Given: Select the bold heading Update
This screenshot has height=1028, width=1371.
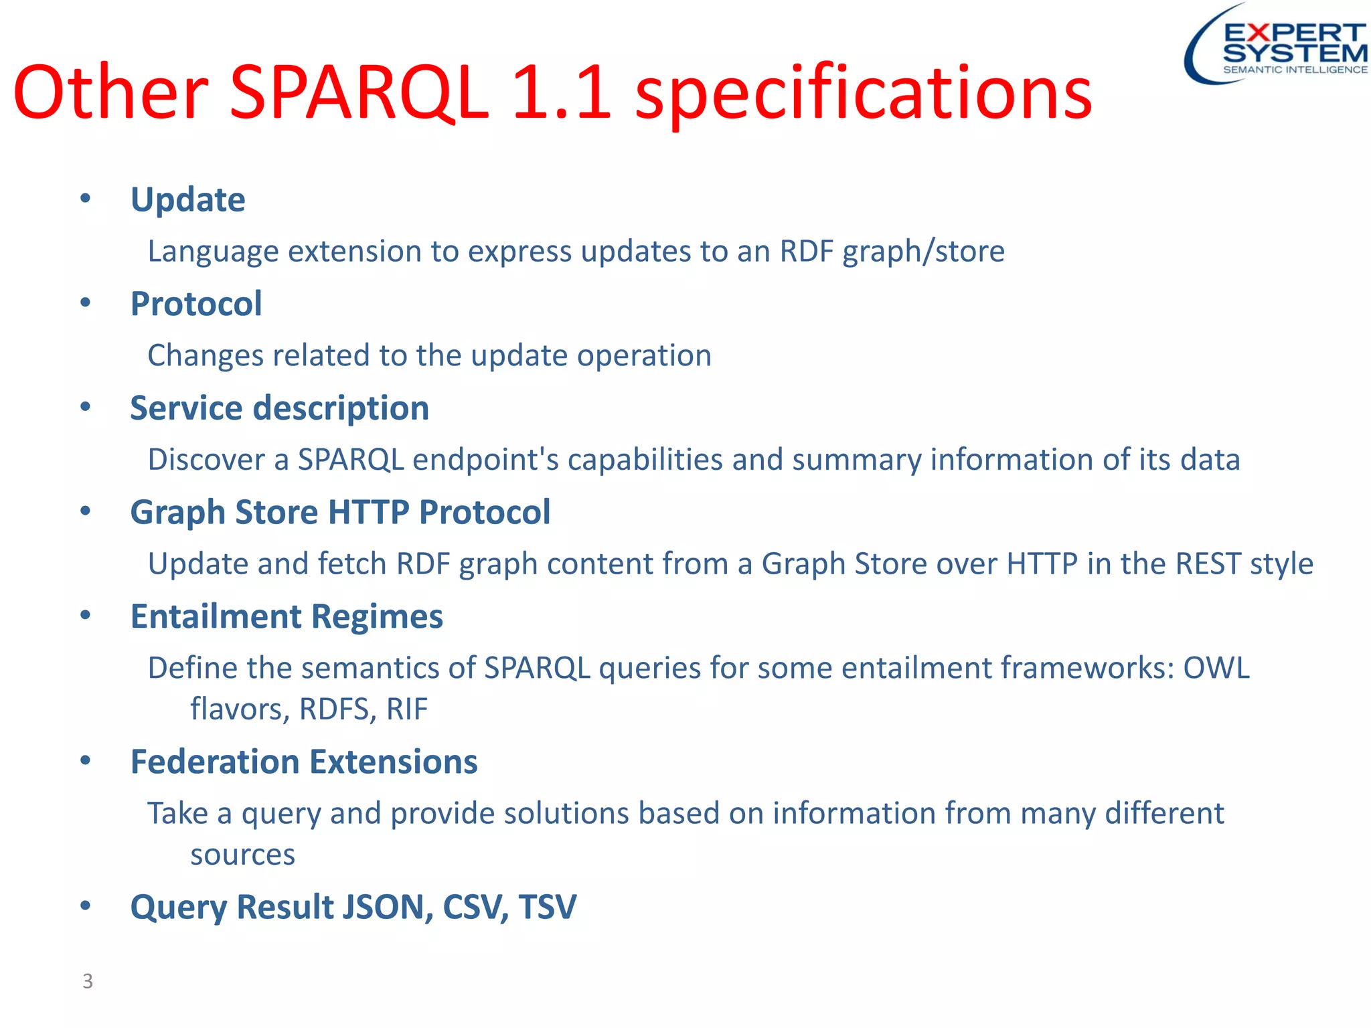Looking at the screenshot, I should tap(188, 199).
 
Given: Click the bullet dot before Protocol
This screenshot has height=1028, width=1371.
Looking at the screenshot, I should tap(85, 303).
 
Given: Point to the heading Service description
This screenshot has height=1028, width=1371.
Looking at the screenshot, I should tap(279, 408).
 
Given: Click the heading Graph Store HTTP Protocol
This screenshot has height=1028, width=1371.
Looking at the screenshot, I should tap(340, 513).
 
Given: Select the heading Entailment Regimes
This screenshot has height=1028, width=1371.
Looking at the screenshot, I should tap(287, 616).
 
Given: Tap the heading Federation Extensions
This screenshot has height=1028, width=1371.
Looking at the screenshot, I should tap(304, 762).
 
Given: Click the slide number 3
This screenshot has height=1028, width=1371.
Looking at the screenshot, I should tap(88, 981).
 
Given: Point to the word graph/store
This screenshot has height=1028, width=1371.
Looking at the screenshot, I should tap(923, 252).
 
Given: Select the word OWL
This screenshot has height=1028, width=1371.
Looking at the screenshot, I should tap(1216, 668).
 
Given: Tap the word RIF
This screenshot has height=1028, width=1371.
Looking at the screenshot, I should tap(406, 709).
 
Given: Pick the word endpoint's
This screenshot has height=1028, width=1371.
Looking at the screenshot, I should tap(485, 460).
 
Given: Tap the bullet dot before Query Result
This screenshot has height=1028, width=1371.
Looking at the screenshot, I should tap(85, 906).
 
